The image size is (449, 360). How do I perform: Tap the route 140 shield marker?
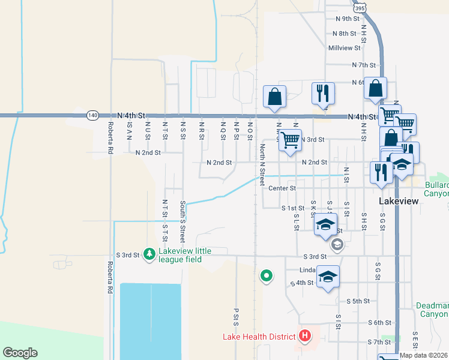pyautogui.click(x=92, y=115)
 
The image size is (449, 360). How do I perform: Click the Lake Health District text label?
pyautogui.click(x=259, y=337)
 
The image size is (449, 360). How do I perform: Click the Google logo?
pyautogui.click(x=20, y=353)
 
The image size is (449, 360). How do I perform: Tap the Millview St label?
pyautogui.click(x=344, y=47)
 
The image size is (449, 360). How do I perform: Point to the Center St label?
pyautogui.click(x=282, y=188)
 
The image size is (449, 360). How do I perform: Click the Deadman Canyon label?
pyautogui.click(x=433, y=310)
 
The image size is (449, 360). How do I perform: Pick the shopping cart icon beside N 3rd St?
pyautogui.click(x=290, y=140)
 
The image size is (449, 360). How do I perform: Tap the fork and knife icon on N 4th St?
pyautogui.click(x=323, y=93)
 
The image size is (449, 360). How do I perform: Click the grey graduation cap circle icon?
pyautogui.click(x=337, y=244)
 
